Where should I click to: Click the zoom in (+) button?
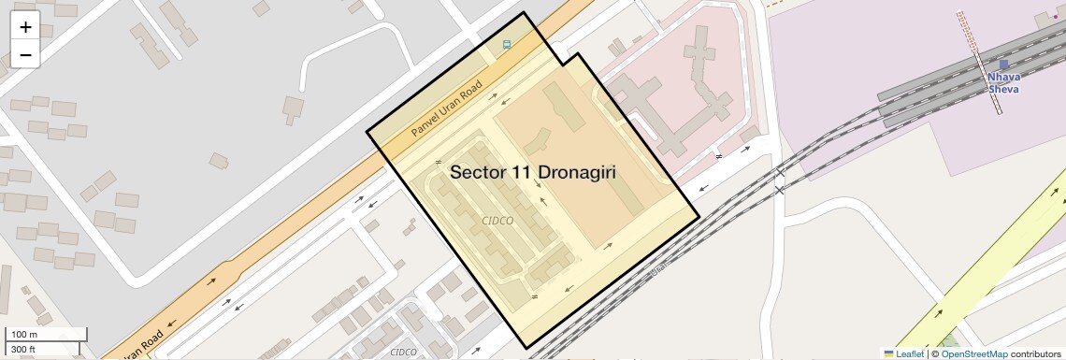click(x=25, y=27)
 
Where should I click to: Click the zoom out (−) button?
click(x=25, y=55)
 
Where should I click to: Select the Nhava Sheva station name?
click(x=1003, y=83)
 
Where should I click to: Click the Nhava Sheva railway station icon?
click(x=1003, y=65)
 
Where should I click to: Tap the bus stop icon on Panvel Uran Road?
click(x=506, y=44)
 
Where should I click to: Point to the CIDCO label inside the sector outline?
click(x=497, y=221)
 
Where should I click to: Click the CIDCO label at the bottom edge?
click(x=403, y=353)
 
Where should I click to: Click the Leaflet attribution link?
click(x=909, y=353)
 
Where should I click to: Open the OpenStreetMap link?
click(x=973, y=353)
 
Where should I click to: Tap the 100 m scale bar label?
click(x=25, y=335)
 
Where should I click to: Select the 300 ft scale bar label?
click(x=24, y=350)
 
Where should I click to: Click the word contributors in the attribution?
click(x=1036, y=353)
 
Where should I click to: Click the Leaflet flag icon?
click(x=888, y=353)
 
